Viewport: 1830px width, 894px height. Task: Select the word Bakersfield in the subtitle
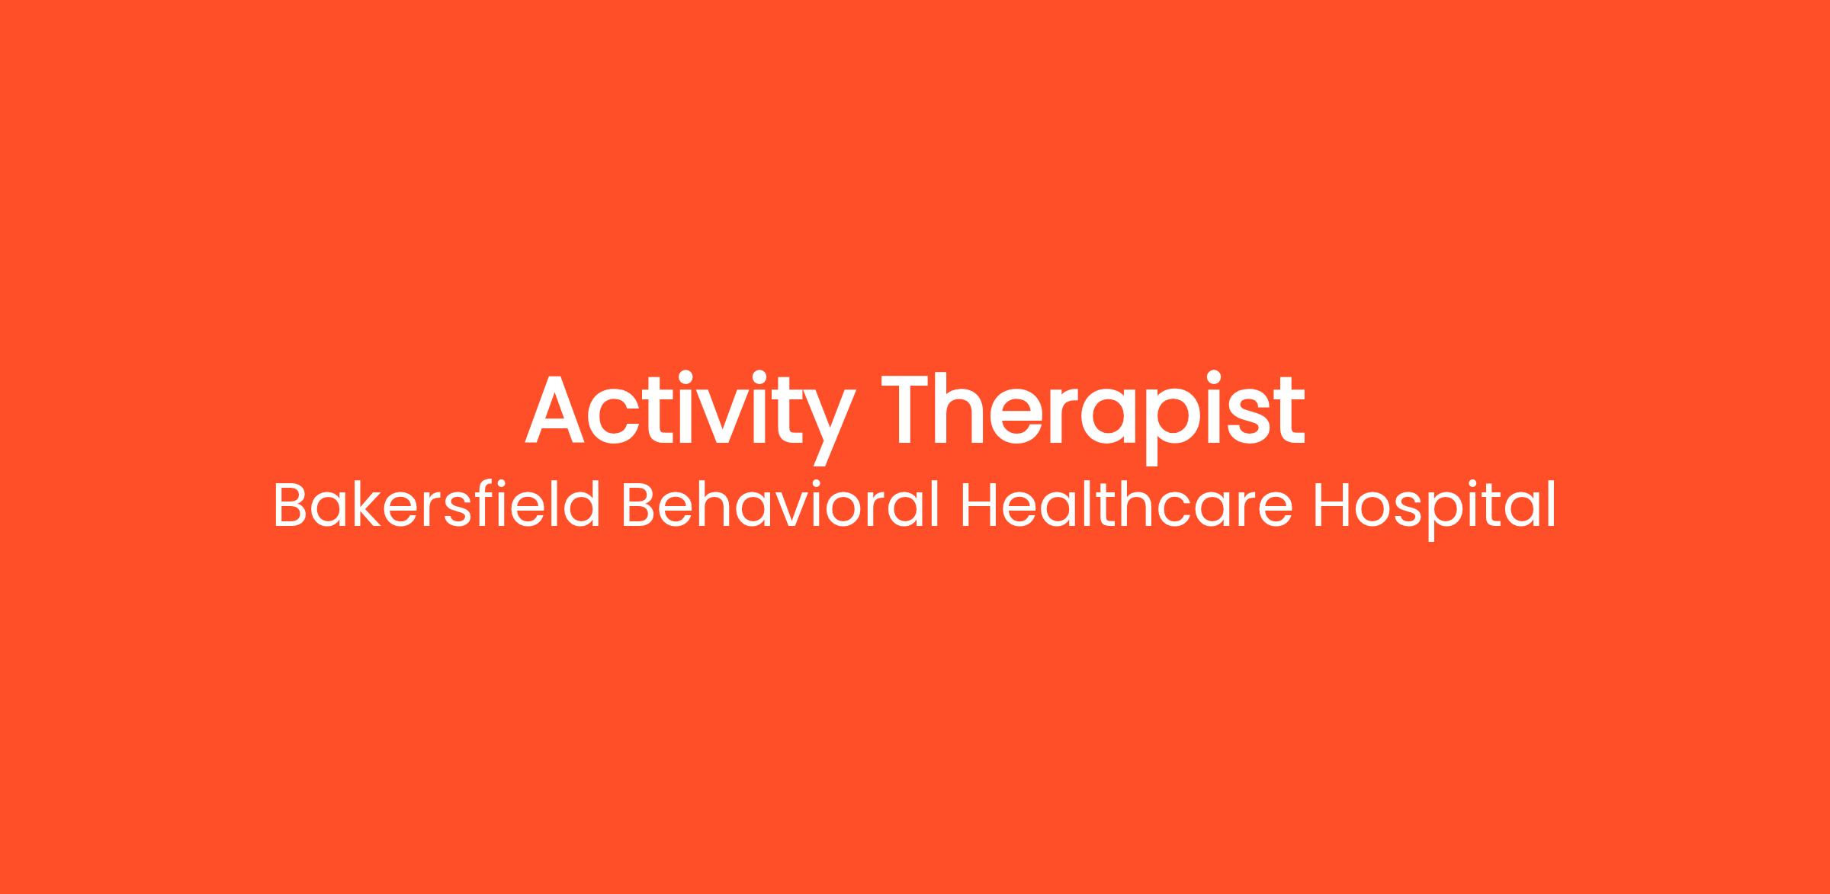point(437,505)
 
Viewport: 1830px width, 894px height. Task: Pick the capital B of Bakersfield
point(291,505)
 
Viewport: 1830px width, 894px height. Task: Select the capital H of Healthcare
point(978,505)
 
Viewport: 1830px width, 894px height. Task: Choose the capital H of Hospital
point(1331,505)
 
